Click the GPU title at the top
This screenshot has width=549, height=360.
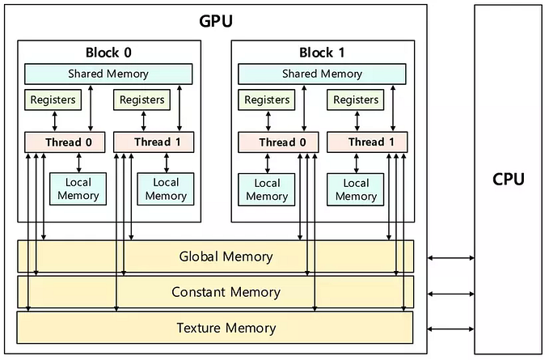[x=216, y=20]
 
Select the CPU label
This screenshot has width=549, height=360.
[x=509, y=179]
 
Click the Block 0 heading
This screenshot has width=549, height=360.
[x=108, y=53]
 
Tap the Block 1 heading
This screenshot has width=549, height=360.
[x=322, y=53]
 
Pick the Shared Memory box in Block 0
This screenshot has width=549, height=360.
[x=108, y=74]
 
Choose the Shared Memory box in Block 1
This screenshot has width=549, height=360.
[x=322, y=74]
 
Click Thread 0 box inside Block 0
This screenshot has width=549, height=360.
[x=63, y=142]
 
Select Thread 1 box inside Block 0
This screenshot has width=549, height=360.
[x=153, y=142]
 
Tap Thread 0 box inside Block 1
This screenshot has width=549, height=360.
[x=277, y=142]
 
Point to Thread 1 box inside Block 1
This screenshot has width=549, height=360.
[x=366, y=142]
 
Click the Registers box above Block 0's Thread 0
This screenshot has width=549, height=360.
[x=53, y=100]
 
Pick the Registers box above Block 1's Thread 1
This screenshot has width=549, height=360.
[x=357, y=100]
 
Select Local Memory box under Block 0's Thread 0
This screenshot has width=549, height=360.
[x=78, y=188]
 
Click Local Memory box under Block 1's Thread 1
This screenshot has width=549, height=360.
[x=357, y=188]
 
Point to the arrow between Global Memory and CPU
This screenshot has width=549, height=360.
[x=451, y=258]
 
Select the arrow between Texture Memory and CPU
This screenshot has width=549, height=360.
[x=451, y=328]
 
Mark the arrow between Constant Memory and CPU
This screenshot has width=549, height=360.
[x=451, y=293]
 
